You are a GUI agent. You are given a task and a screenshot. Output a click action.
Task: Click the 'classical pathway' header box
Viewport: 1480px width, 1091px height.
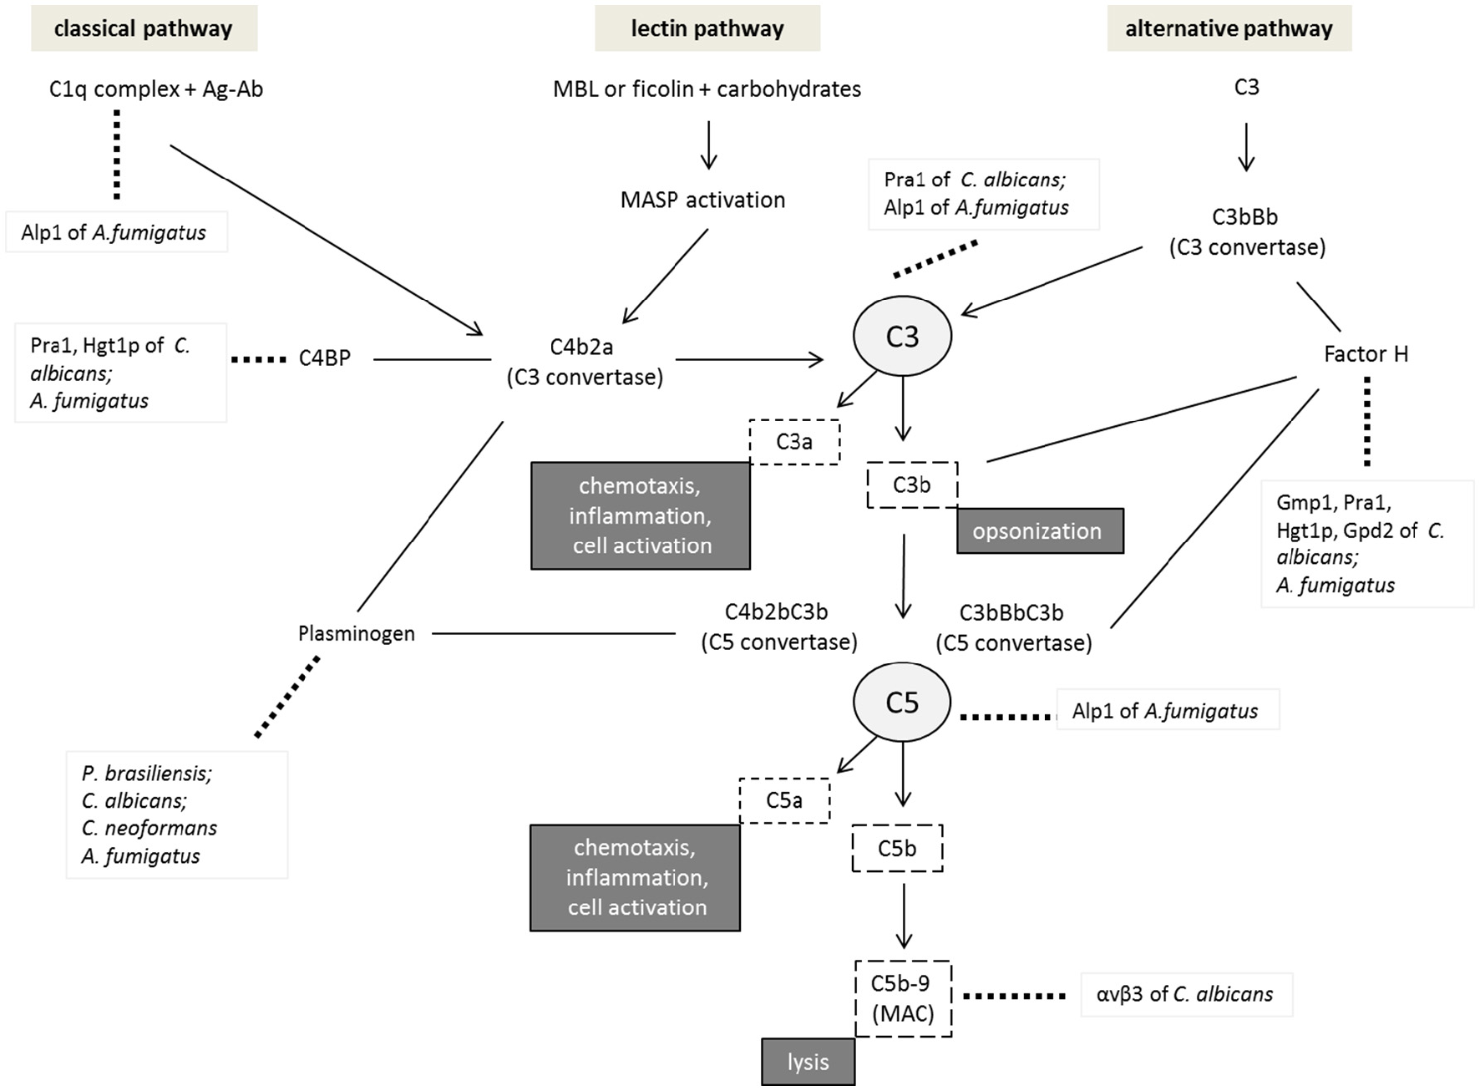coord(144,28)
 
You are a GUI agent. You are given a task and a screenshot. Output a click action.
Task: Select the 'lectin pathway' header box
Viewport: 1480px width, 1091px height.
coord(707,28)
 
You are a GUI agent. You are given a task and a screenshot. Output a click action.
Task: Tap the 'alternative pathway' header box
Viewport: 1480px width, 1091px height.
coord(1229,28)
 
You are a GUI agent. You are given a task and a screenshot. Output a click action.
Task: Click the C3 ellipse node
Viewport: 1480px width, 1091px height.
coord(902,336)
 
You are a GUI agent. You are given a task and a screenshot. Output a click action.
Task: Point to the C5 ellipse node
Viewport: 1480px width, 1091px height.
coord(902,702)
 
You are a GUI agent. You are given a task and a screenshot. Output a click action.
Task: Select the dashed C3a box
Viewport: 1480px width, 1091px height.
coord(793,441)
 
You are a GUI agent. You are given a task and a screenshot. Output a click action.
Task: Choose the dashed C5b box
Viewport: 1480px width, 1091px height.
coord(897,848)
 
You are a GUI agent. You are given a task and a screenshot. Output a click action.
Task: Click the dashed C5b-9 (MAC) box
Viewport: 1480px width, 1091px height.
coord(903,998)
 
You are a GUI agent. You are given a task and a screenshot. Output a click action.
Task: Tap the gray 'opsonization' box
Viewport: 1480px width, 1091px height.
coord(1039,530)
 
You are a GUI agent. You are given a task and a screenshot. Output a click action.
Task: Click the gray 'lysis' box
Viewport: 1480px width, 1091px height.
coord(808,1062)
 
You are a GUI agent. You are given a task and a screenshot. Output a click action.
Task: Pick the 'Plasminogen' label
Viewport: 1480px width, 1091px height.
coord(356,633)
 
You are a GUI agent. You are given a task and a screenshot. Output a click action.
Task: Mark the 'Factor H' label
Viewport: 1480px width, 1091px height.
coord(1366,354)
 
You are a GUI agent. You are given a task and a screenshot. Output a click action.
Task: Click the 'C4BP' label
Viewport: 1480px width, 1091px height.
coord(324,358)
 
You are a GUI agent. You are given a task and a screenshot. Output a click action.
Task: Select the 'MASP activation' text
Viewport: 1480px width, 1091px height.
coord(702,200)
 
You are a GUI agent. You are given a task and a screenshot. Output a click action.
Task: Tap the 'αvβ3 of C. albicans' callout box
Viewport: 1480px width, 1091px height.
coord(1186,994)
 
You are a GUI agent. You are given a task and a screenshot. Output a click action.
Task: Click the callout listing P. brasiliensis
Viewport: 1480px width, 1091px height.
coord(177,814)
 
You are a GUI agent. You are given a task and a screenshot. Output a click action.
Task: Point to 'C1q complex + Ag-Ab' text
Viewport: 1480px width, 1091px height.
coord(156,89)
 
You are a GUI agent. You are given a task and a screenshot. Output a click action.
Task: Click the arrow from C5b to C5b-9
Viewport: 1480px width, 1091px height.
coord(903,915)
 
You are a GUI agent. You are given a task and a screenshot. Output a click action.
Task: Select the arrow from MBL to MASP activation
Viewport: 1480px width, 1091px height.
coord(708,145)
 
